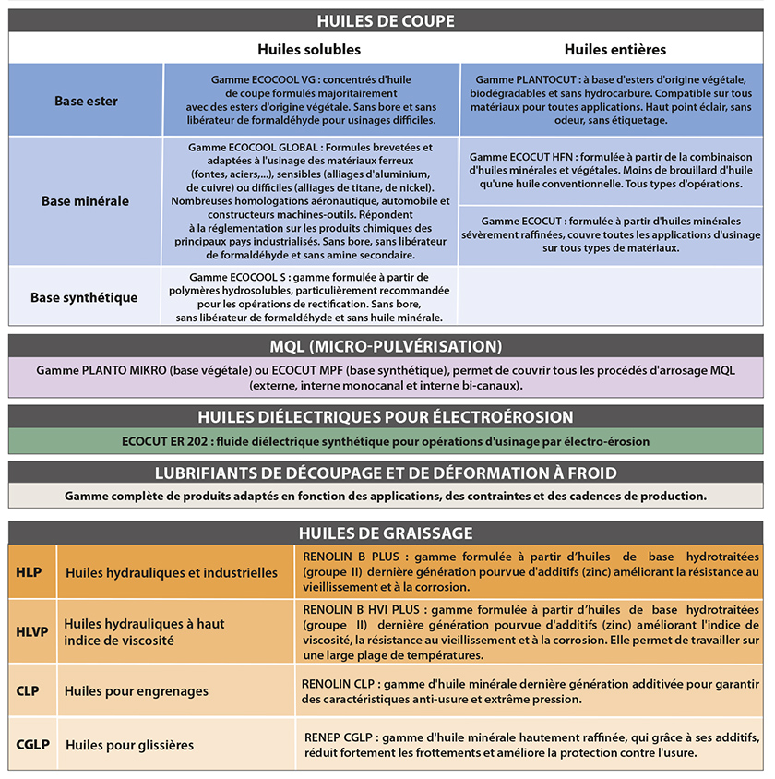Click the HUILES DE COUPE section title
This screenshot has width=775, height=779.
(386, 20)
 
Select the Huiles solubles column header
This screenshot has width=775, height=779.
(309, 49)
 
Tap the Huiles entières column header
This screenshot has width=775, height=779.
(614, 49)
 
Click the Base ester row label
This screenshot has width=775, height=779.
(86, 101)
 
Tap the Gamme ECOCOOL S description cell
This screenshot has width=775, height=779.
(310, 297)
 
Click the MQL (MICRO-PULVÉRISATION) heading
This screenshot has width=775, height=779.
(386, 346)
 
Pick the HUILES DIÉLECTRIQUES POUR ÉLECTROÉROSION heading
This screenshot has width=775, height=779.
(386, 416)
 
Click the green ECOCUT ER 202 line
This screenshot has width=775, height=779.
(386, 441)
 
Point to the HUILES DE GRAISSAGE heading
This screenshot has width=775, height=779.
(386, 533)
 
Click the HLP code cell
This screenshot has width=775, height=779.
(30, 572)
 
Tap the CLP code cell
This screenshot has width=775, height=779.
(30, 690)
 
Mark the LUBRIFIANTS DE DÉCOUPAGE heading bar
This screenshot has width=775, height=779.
(386, 473)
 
